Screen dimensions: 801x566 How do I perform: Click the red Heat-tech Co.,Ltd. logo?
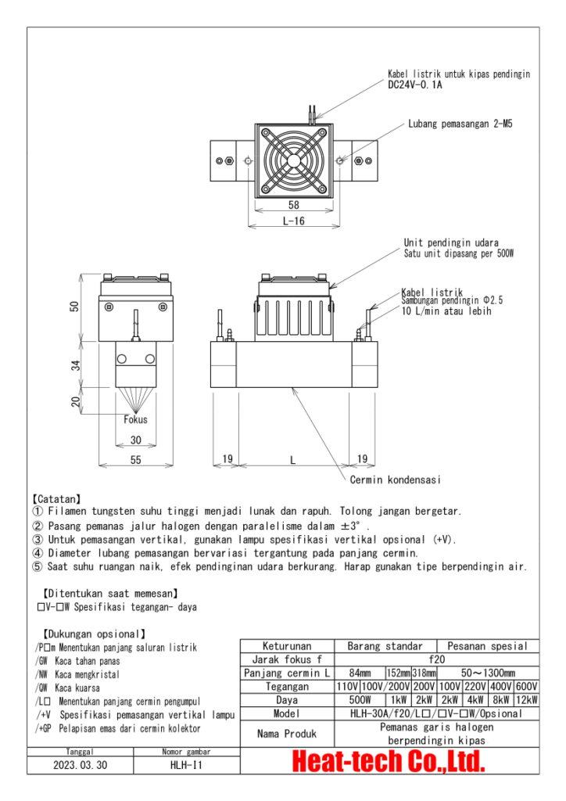(389, 761)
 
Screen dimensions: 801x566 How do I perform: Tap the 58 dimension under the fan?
(293, 205)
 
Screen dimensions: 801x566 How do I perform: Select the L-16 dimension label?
(293, 221)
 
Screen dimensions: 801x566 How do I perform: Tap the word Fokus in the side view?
(135, 419)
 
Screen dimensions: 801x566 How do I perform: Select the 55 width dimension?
(135, 461)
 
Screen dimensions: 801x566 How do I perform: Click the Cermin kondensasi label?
(396, 480)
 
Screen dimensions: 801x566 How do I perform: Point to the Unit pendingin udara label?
(451, 242)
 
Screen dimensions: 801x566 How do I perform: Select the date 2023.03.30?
(81, 766)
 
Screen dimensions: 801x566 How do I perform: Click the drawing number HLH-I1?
(185, 766)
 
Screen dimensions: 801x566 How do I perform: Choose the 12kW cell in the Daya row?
(526, 700)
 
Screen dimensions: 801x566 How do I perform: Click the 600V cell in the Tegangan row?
(526, 686)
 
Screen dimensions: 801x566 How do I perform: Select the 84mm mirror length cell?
(360, 673)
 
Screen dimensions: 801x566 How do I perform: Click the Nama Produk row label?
(287, 734)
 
